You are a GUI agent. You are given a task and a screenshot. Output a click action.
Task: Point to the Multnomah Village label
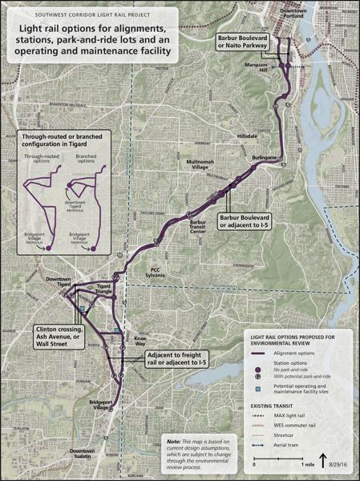[197, 165]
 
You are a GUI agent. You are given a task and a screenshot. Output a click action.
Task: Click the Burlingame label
[264, 159]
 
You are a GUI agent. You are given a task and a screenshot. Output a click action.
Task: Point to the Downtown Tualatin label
[82, 453]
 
